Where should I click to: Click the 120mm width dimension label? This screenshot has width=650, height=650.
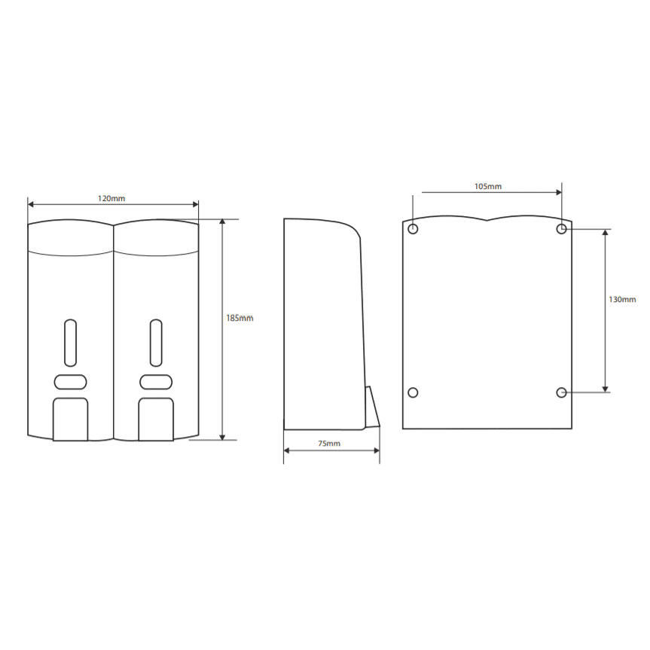[111, 198]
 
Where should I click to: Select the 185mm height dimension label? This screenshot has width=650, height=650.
[240, 318]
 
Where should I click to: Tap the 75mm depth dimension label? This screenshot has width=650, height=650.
[329, 443]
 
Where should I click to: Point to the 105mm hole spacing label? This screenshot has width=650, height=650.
[488, 186]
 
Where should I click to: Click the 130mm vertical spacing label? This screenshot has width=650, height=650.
[622, 299]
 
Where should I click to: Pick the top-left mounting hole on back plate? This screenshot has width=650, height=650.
[413, 228]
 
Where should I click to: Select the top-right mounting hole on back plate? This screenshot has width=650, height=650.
[561, 228]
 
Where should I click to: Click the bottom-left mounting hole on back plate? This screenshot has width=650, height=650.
[413, 392]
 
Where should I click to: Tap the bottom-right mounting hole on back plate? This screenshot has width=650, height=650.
[561, 392]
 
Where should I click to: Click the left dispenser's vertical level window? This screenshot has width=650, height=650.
[71, 343]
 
